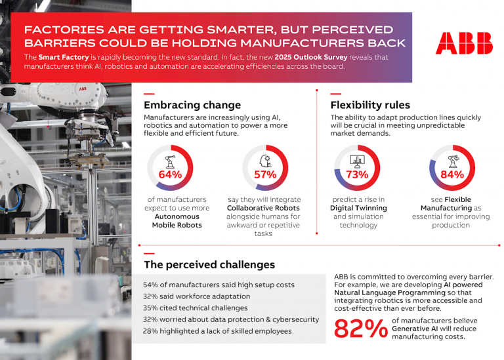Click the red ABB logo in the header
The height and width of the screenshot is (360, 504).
464,43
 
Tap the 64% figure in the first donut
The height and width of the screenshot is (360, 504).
171,174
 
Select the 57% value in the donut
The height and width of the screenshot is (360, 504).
266,174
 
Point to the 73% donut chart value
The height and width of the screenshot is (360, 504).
357,174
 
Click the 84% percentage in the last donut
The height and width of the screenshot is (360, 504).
452,174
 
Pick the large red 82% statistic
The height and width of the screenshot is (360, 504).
361,329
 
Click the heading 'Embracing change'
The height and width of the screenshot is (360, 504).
192,105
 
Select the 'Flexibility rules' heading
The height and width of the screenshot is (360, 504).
370,105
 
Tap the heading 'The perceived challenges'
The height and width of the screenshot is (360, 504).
209,265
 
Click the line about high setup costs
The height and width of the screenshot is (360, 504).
219,285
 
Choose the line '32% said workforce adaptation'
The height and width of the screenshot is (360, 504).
196,296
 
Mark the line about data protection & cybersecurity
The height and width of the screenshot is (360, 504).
231,319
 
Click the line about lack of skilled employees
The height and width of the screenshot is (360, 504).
218,331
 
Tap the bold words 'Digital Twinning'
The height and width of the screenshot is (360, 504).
358,208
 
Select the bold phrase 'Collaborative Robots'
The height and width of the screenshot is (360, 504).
264,208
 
